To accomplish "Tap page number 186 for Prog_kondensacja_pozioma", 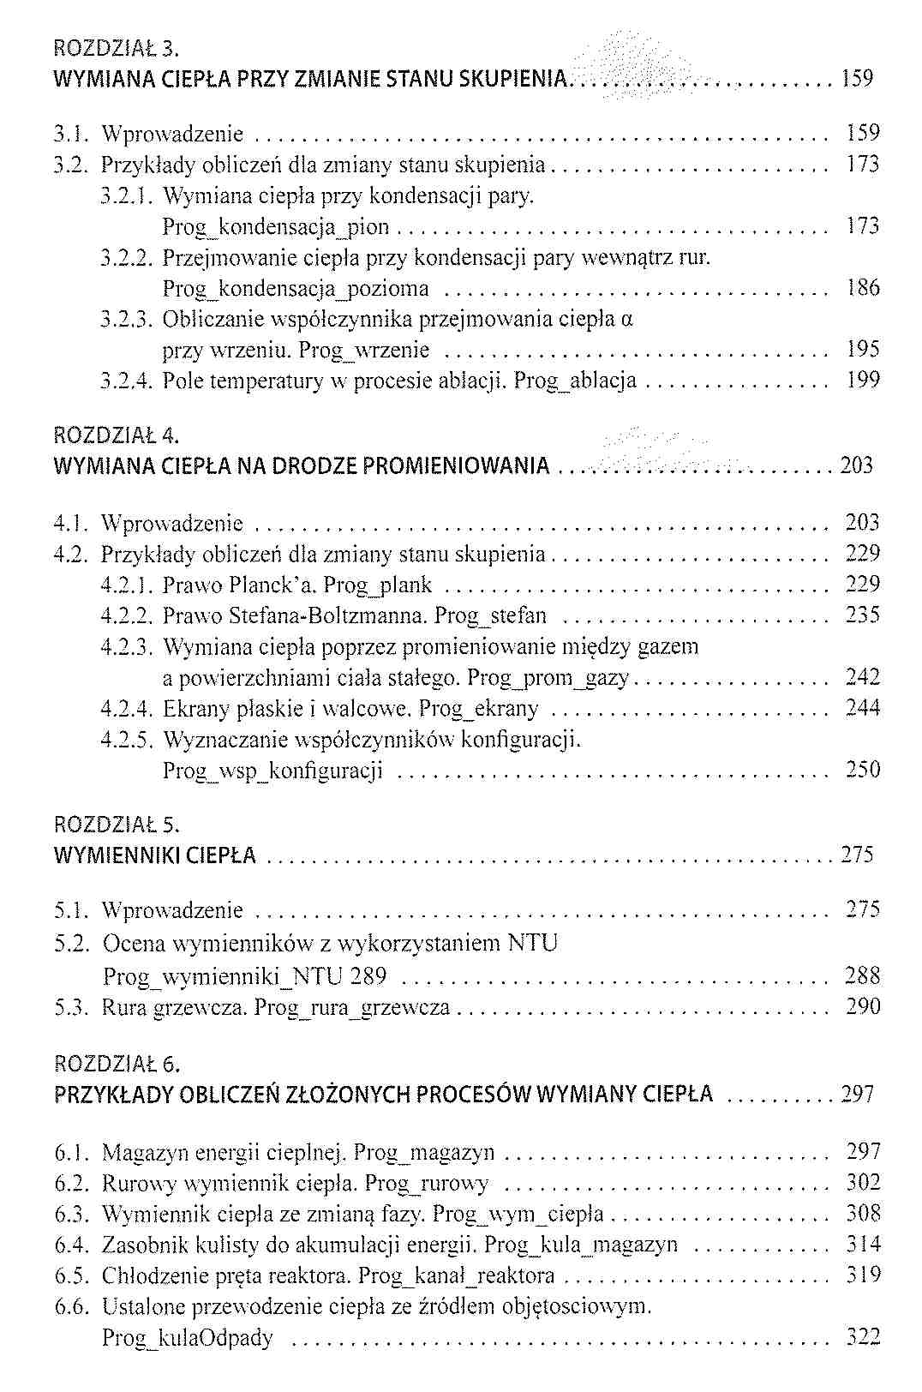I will click(862, 287).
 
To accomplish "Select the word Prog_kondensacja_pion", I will click(276, 227).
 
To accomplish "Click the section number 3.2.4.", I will click(127, 380).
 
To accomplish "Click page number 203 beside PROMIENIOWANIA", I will click(857, 465).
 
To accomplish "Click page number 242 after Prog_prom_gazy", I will click(862, 677).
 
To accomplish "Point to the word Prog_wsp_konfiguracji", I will click(272, 770).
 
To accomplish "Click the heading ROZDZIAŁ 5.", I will click(117, 825).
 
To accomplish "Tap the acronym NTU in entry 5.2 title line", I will click(532, 944).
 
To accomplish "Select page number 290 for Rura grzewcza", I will click(862, 1006).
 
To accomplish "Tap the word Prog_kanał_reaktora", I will click(456, 1275).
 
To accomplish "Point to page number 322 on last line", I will click(862, 1337).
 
